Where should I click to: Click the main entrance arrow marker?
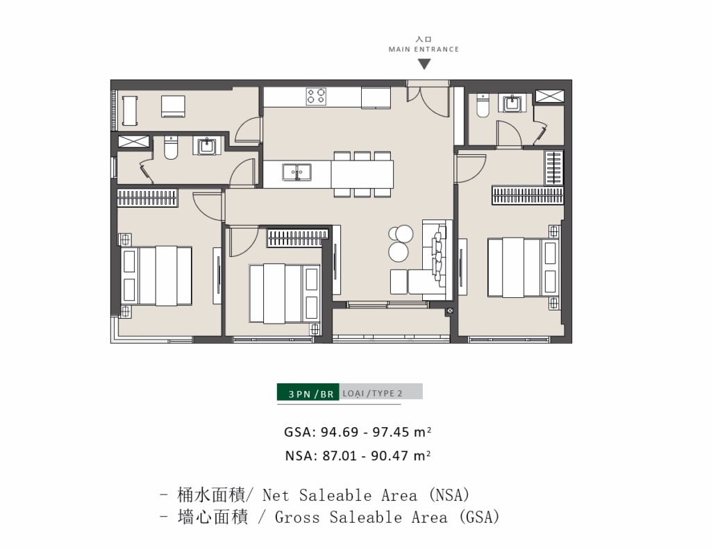click(424, 65)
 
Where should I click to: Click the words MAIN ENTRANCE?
click(424, 49)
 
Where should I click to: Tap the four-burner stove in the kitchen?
click(316, 96)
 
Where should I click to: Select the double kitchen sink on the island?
click(296, 172)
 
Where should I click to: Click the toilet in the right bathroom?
click(483, 106)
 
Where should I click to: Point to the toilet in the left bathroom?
click(171, 148)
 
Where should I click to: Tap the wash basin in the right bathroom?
click(512, 103)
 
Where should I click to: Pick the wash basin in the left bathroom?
click(207, 146)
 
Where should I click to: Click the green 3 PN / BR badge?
click(308, 392)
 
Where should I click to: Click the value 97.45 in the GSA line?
click(391, 432)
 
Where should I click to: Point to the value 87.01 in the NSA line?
click(340, 456)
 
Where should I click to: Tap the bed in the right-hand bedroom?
click(523, 267)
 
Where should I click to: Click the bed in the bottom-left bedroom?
click(156, 276)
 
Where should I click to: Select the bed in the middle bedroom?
click(284, 293)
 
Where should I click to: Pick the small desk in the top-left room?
click(130, 110)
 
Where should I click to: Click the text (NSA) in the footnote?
click(449, 494)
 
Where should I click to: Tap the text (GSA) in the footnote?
click(479, 517)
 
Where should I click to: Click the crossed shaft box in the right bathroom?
click(550, 97)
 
